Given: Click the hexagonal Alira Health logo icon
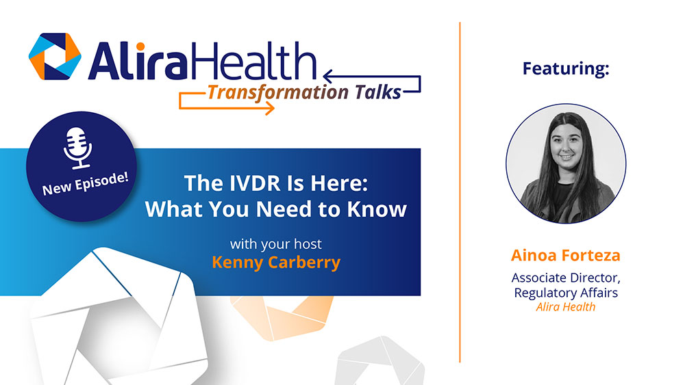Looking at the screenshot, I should click(55, 56).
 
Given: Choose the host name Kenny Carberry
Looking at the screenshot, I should click(275, 263).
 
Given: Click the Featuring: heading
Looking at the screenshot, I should click(565, 68).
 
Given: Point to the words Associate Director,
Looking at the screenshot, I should click(565, 278).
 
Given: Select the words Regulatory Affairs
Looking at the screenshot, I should click(565, 293).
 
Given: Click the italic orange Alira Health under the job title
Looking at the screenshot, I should click(565, 307).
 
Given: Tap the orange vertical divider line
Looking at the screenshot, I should click(460, 191).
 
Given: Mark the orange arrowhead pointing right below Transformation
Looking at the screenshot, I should click(269, 108).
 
